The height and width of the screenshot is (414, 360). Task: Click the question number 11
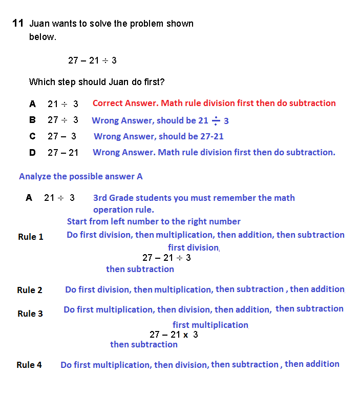tap(18, 23)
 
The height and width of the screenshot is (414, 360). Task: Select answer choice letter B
tap(32, 120)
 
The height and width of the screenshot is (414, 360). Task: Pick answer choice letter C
tap(32, 136)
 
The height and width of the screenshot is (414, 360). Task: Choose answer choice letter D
tap(32, 152)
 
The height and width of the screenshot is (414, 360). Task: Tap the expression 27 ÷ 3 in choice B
tap(63, 120)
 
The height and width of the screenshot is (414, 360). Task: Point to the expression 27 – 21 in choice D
tap(63, 152)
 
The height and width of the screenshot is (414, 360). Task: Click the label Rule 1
tap(31, 237)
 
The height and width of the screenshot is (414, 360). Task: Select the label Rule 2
tap(30, 290)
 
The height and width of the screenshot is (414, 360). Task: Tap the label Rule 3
tap(30, 314)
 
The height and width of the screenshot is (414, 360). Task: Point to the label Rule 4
tap(29, 365)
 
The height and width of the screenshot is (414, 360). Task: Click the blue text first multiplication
tap(210, 325)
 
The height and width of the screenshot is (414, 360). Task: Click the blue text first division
tap(193, 247)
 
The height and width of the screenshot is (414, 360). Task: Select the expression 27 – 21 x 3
tap(174, 335)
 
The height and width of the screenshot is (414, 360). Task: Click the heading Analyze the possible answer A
tap(81, 176)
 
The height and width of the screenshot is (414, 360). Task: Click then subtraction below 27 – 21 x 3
tap(144, 344)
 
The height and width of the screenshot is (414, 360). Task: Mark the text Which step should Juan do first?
tap(97, 82)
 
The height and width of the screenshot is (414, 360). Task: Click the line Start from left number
tap(154, 221)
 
